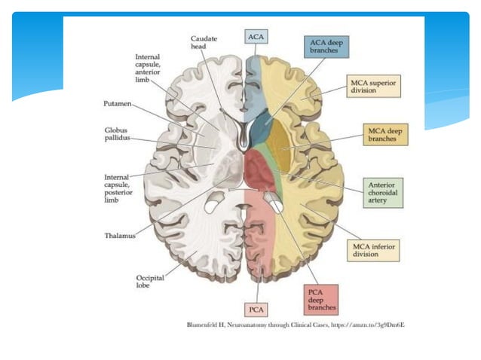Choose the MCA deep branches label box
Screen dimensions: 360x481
click(x=384, y=136)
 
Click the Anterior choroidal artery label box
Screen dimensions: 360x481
click(x=382, y=192)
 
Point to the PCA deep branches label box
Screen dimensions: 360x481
click(x=322, y=299)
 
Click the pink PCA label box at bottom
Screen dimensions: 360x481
click(x=256, y=310)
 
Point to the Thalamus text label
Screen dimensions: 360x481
click(x=119, y=236)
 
